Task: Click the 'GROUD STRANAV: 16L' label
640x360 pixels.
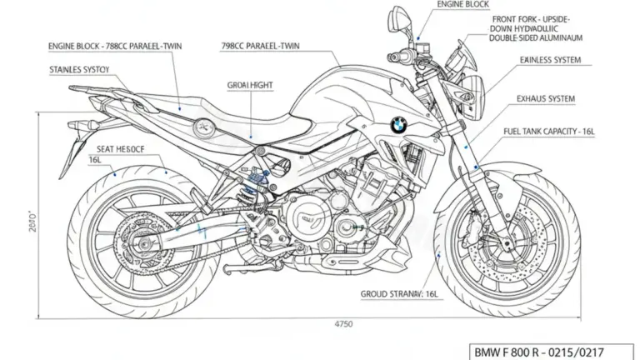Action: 401,294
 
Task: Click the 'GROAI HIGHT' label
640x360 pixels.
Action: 250,85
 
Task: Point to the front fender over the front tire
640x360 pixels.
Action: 500,170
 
